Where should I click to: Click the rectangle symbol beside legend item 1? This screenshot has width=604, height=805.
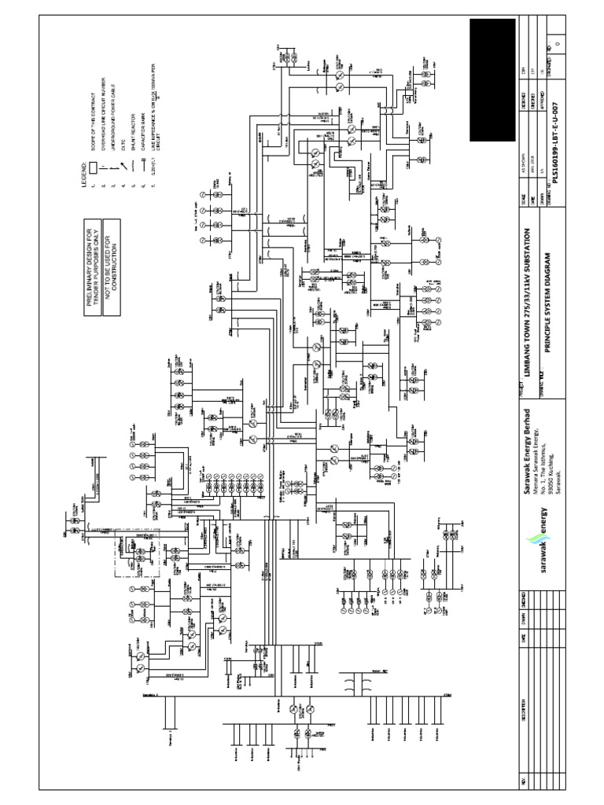93,167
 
